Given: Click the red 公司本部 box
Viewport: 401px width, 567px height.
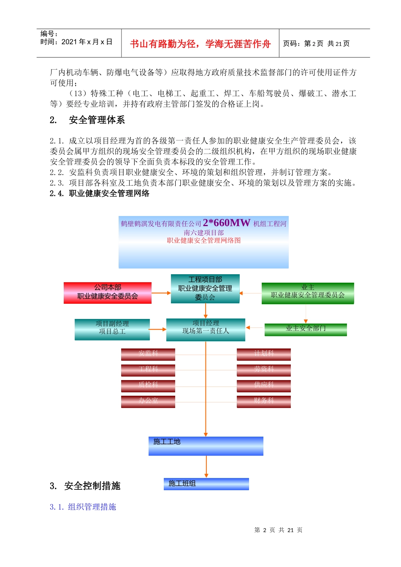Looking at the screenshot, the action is [108, 293].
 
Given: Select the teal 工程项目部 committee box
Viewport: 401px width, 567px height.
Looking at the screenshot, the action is [205, 289].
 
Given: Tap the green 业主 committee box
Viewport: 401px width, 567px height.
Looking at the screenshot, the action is [308, 293].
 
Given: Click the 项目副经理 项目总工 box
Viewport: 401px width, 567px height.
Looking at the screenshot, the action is [112, 329].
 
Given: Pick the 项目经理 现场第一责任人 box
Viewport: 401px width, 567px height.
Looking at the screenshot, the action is [206, 329].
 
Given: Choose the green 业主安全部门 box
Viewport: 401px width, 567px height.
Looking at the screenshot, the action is [306, 329].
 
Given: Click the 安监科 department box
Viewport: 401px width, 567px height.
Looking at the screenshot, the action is [148, 354].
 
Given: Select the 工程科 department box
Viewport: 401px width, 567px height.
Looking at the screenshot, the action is [148, 370].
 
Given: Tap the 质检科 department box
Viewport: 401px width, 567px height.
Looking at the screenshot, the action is [148, 386].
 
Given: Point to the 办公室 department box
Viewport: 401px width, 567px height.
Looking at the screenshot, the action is [148, 401].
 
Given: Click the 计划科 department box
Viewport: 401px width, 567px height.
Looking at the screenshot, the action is [264, 354].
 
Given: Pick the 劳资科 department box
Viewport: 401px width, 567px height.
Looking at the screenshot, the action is [264, 370].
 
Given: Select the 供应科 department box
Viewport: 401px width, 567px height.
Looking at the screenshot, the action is [264, 386].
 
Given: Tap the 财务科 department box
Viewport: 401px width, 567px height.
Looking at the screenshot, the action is [264, 401].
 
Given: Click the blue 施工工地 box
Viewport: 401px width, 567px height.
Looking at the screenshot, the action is [206, 446].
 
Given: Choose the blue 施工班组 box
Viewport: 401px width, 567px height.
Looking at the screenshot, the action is [206, 484].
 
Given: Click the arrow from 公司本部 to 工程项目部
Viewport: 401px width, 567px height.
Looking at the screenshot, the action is [161, 293].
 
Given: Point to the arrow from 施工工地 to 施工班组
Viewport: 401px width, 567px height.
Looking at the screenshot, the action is [206, 467].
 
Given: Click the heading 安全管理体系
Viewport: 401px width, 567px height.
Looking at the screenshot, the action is [97, 120].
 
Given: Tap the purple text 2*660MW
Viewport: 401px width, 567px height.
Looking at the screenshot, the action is [227, 223].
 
